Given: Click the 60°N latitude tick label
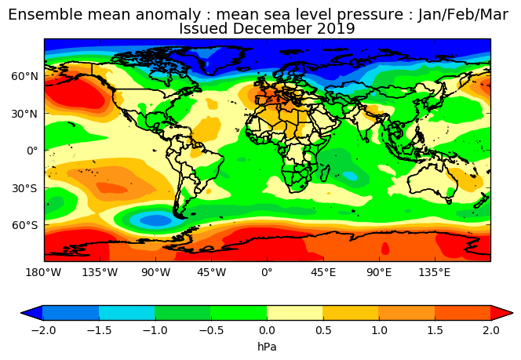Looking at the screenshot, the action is [x=24, y=76].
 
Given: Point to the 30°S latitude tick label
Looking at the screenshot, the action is [x=24, y=188].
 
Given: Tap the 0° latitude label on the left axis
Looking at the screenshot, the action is [x=32, y=151].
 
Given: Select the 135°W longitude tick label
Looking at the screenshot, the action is [x=100, y=273].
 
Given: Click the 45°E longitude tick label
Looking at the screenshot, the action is [x=323, y=273].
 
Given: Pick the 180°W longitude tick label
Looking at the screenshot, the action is [x=43, y=273].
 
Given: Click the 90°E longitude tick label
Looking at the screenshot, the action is [x=379, y=273].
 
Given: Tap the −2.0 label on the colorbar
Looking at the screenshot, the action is [x=43, y=330].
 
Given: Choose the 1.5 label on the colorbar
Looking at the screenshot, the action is [x=435, y=330].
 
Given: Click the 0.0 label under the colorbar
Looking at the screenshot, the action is [x=267, y=330].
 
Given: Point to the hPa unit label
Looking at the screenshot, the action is [x=267, y=347].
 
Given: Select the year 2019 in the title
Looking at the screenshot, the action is [x=336, y=28].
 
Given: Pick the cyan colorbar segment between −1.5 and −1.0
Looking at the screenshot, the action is [x=126, y=313].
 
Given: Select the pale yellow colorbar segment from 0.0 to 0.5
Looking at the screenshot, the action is [x=295, y=313].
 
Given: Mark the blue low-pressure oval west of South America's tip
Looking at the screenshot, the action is [x=155, y=220].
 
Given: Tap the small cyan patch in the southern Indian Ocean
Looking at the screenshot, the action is [x=349, y=176].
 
